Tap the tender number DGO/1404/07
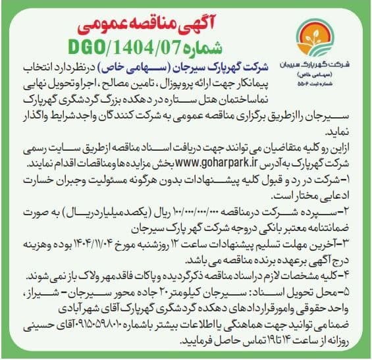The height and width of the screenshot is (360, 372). click(x=132, y=47)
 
